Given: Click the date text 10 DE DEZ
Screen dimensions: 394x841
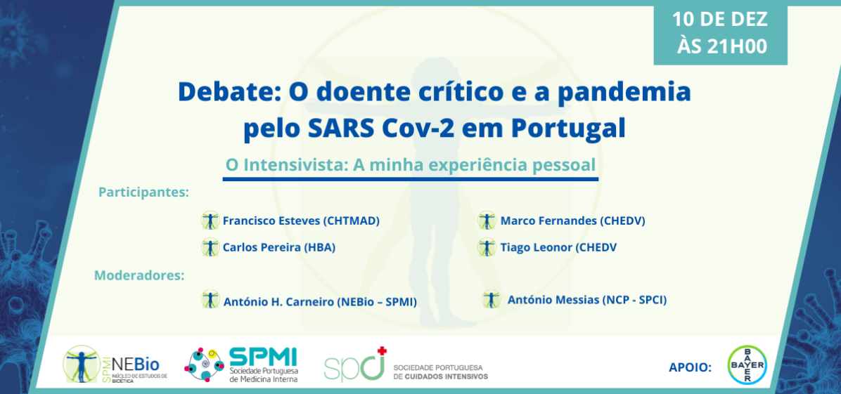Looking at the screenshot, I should coord(720,18).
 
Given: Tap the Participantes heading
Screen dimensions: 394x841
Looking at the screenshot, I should coord(144,191).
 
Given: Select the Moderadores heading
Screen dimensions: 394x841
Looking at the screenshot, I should coord(139,275).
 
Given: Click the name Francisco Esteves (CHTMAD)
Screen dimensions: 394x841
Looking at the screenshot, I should coord(301,221).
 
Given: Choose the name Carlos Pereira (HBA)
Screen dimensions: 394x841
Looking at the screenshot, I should coord(278,247).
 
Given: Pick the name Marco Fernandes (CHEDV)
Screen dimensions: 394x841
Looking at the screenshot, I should coord(572,221).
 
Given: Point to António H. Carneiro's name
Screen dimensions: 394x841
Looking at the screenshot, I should coord(320,302).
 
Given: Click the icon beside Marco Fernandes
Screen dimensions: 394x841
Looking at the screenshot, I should coord(486,221).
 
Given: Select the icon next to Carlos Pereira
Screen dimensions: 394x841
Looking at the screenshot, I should coord(210,247).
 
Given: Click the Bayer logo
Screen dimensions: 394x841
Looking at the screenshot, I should coord(747,365).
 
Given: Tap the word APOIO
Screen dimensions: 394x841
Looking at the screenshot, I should coord(690,367).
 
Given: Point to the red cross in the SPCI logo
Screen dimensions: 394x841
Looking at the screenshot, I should coord(382,350).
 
